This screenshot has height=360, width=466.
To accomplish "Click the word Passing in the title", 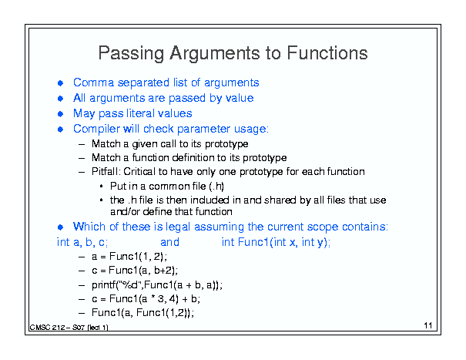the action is tap(131, 53).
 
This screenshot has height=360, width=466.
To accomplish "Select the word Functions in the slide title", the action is tap(327, 53).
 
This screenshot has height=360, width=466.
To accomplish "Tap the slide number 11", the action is tap(428, 325).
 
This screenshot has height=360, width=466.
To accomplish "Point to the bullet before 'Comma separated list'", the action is tap(60, 83).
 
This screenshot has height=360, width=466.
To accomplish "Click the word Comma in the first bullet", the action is tap(93, 82).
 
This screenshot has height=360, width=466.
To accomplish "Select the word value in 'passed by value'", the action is tap(240, 98).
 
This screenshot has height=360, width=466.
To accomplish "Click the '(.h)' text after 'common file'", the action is tap(216, 187).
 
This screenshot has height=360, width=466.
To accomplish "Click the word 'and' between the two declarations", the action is tap(169, 242).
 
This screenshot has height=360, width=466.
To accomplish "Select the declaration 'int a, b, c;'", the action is tap(82, 243).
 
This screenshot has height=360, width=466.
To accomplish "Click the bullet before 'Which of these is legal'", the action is tap(60, 227).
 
